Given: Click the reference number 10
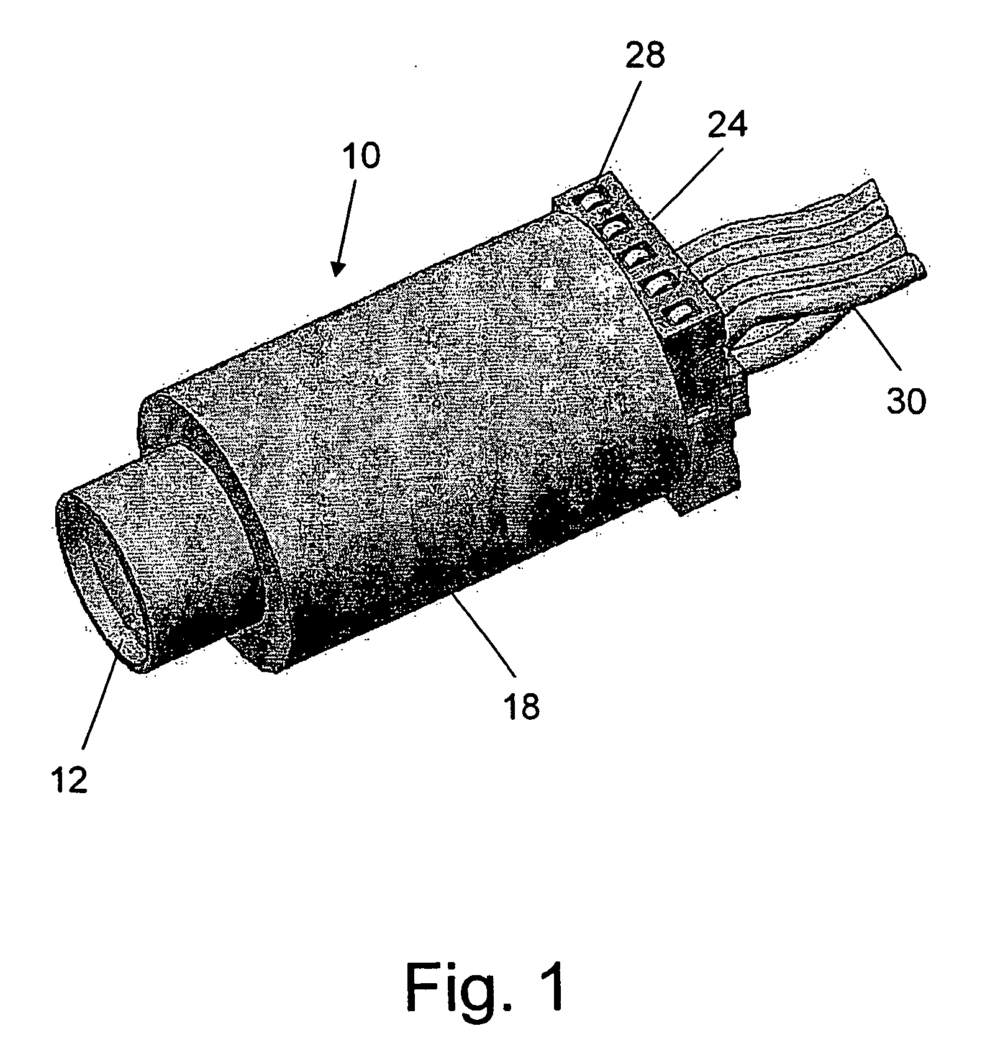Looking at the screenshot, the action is point(360,156).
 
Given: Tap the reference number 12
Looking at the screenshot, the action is point(70,780).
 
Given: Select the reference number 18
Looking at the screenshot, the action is point(522,707).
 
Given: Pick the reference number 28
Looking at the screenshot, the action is point(645,55).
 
